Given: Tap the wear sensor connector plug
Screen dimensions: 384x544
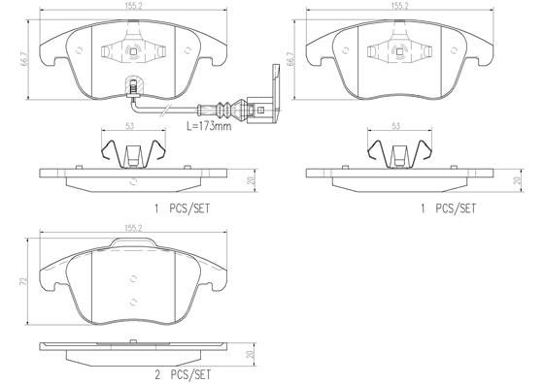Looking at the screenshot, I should pyautogui.click(x=257, y=100).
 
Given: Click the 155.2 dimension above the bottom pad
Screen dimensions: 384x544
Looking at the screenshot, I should pyautogui.click(x=129, y=228).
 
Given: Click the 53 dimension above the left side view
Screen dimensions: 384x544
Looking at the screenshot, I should pyautogui.click(x=129, y=126).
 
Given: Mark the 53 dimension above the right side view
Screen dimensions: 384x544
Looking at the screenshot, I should pyautogui.click(x=396, y=126).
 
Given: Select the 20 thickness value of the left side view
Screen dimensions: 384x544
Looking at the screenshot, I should pyautogui.click(x=250, y=180).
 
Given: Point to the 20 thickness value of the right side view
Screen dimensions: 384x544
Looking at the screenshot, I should pyautogui.click(x=517, y=180).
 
